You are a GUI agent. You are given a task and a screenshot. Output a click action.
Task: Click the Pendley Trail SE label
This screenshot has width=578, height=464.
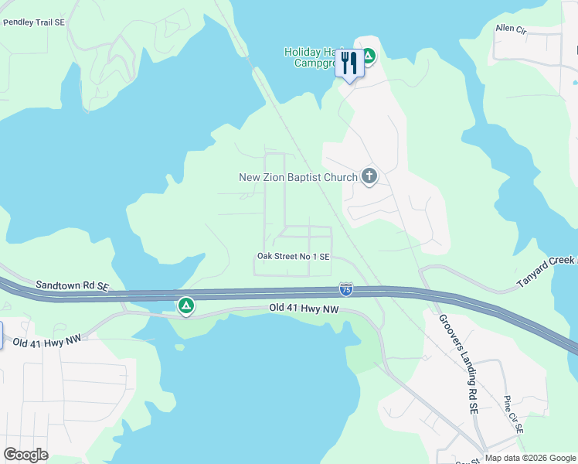(x=35, y=22)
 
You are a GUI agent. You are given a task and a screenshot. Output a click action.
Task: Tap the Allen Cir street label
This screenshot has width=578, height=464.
(x=510, y=29)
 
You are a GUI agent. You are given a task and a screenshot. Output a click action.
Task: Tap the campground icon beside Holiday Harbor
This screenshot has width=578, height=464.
(x=369, y=56)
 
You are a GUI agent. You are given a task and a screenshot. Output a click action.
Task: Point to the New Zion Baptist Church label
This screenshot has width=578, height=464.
(x=298, y=177)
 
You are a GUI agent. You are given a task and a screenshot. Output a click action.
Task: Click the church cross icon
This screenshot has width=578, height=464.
(x=369, y=177)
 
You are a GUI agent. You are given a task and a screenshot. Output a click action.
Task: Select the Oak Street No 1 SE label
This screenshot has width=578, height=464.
(x=294, y=256)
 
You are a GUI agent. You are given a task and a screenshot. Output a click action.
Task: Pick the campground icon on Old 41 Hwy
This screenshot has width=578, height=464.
(x=186, y=306)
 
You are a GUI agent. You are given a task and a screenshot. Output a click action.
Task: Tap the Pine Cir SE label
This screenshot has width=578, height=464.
(x=514, y=414)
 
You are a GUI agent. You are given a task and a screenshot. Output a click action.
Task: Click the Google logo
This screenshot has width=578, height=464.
(x=26, y=455)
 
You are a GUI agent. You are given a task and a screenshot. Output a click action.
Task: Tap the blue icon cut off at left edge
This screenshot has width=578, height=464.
(x=2, y=334)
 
